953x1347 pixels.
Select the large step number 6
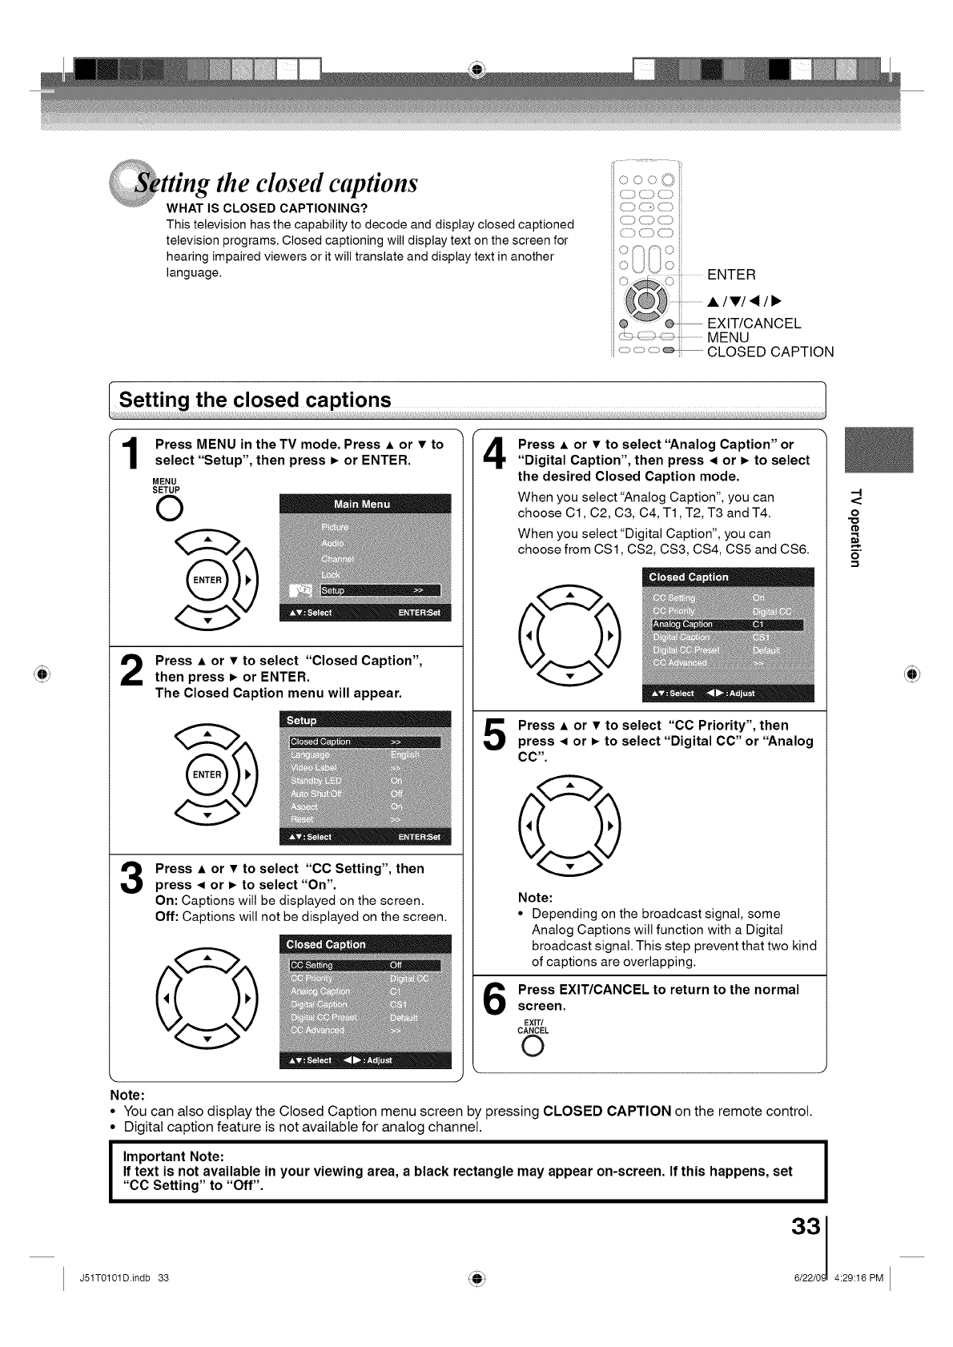(496, 1000)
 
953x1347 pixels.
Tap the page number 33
(806, 1227)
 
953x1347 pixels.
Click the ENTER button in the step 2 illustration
(207, 774)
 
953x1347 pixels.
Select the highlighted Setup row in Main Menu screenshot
(380, 590)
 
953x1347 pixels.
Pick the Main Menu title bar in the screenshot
(364, 504)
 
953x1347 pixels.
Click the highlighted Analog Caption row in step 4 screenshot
(727, 625)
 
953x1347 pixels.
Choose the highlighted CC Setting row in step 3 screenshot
(365, 965)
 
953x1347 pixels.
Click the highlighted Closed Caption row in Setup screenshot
(365, 742)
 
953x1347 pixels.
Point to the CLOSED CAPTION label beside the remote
(770, 352)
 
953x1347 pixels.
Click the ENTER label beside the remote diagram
(730, 275)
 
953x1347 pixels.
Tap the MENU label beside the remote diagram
(728, 337)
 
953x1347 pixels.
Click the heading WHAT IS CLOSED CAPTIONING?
(267, 209)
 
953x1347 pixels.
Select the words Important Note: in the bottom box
(173, 1156)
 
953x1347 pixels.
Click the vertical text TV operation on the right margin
(856, 526)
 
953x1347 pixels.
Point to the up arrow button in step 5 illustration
(569, 787)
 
